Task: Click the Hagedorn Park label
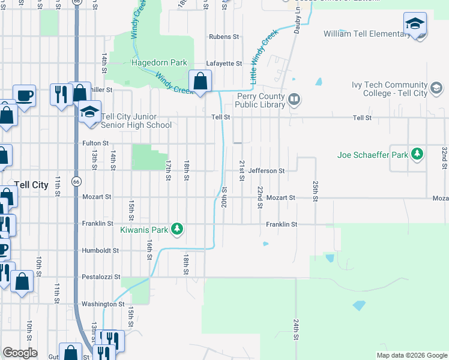coord(160,62)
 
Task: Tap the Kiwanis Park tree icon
coord(177,229)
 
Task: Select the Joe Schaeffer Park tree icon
coord(417,155)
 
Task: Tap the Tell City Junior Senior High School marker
coord(89,113)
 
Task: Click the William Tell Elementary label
coord(367,34)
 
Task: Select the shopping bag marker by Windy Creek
coord(200,80)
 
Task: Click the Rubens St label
coord(224,37)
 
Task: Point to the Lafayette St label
coord(224,63)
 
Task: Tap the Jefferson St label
coord(267,171)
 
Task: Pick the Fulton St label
coord(95,143)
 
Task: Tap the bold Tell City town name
coord(31,185)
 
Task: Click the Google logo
coord(20,353)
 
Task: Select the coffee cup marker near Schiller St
coord(24,95)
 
